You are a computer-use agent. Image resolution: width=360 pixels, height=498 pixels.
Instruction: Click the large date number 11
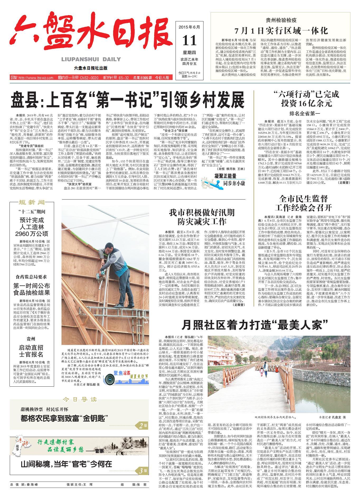pyautogui.click(x=190, y=40)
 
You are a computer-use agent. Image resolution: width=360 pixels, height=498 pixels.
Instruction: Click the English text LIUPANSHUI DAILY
pyautogui.click(x=91, y=59)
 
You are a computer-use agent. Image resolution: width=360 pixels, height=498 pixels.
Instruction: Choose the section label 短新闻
pyautogui.click(x=31, y=202)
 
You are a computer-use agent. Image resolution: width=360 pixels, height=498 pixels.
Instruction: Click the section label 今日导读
pyautogui.click(x=79, y=399)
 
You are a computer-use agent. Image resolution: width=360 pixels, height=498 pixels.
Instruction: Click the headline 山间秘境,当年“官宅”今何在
pyautogui.click(x=67, y=464)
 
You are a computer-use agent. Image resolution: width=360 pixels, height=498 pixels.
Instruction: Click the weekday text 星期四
pyautogui.click(x=190, y=53)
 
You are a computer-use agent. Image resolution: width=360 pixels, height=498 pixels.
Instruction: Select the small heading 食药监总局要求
pyautogui.click(x=31, y=277)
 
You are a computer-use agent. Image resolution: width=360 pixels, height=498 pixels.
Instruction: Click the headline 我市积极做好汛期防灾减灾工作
pyautogui.click(x=202, y=216)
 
